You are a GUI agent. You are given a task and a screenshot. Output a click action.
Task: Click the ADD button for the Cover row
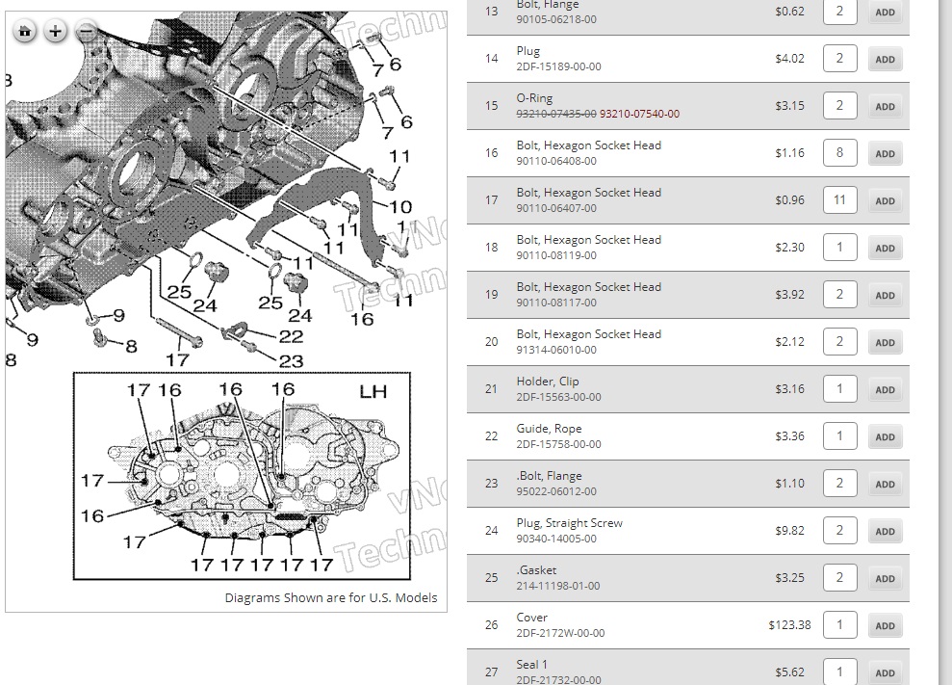click(885, 625)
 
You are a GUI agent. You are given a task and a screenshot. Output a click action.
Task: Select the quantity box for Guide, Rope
click(839, 436)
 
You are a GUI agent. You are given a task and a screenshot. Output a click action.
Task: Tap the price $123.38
click(789, 625)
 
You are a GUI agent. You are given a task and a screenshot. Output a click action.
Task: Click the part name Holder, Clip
click(548, 382)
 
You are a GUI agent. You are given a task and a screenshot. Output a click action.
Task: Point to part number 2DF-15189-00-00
click(558, 66)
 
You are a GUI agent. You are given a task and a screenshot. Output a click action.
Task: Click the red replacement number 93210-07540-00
click(639, 114)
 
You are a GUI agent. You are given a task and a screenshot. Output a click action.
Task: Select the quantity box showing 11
click(839, 200)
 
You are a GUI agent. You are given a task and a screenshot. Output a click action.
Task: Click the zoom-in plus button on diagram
click(56, 32)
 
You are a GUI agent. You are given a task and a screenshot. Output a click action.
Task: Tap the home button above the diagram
click(25, 32)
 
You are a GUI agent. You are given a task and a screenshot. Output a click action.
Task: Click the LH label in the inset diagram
click(373, 392)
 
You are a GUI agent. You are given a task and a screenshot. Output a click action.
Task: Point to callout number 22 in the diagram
click(291, 336)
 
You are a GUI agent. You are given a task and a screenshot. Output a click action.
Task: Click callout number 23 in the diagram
click(291, 361)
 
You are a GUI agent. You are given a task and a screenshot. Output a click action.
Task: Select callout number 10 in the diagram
click(400, 206)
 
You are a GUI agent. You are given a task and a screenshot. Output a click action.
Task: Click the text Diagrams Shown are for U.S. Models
click(331, 597)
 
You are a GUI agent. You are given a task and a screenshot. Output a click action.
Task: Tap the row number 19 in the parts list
click(492, 295)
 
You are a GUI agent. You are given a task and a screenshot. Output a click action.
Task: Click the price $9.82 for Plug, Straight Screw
click(789, 531)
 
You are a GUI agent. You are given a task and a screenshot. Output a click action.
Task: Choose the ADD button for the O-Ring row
click(885, 106)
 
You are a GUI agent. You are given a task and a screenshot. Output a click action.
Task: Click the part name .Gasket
click(536, 570)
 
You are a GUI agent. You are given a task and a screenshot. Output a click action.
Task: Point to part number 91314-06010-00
click(556, 350)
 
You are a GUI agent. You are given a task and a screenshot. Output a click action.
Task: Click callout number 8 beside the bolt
click(131, 346)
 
